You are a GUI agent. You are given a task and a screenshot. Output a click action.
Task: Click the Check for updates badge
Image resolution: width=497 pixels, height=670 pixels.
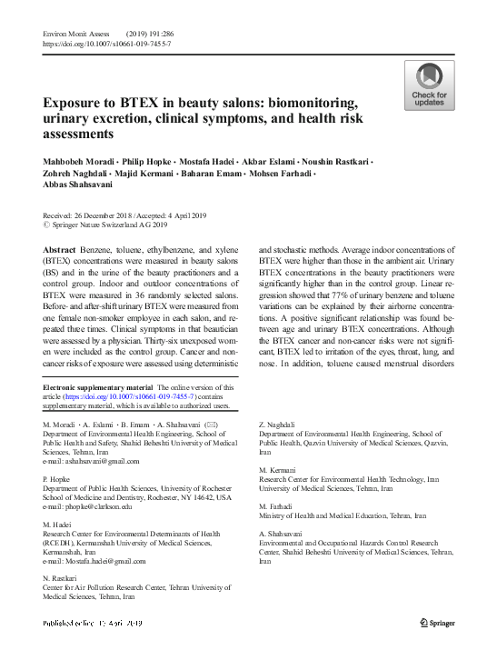coord(429,86)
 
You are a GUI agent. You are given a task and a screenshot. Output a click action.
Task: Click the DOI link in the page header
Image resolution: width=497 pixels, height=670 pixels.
coord(106,44)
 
